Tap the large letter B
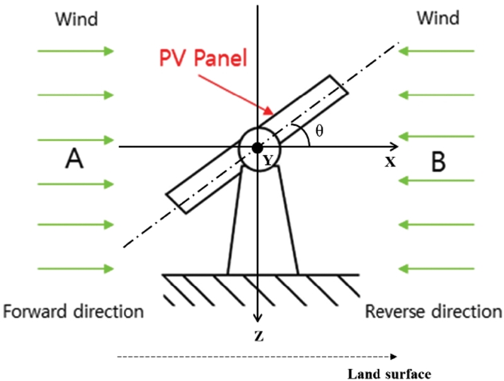coord(438,161)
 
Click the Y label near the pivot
coord(268,161)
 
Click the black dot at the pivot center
coord(257,147)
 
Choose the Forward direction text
coord(73,311)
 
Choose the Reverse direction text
coord(434,311)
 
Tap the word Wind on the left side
coord(77,19)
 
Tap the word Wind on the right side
coord(439,19)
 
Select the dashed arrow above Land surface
coord(258,357)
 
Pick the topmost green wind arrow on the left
coord(76,50)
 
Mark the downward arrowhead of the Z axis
coord(257,318)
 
